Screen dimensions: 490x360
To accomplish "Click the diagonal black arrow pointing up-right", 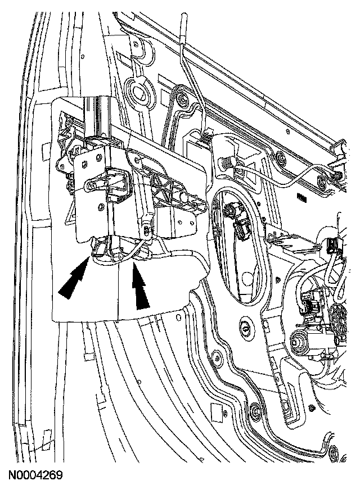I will (x=74, y=281).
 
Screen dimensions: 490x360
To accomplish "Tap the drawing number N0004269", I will (x=35, y=475).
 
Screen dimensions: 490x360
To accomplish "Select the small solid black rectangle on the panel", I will (x=301, y=199).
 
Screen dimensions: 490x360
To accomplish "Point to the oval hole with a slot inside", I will (x=245, y=329).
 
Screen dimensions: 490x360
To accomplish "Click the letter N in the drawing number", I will (x=12, y=475).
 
